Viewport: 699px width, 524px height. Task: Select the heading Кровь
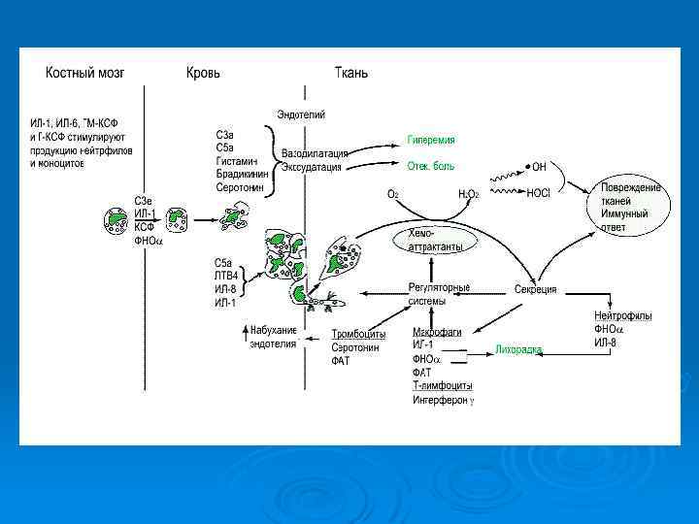coord(203,73)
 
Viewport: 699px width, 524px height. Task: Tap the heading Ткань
coord(350,73)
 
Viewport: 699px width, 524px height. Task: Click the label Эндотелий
coord(301,115)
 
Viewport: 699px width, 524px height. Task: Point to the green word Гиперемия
coord(431,140)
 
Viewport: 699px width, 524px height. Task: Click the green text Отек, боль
coord(431,166)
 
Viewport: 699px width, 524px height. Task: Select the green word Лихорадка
coord(518,347)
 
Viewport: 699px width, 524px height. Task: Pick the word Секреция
coord(535,289)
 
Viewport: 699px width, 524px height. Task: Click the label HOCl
coord(538,193)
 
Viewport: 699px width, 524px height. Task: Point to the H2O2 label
coord(470,193)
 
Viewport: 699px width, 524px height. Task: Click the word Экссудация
coord(311,167)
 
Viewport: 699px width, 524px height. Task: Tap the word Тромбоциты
coord(358,333)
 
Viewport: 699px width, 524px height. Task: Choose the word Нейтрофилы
coord(622,316)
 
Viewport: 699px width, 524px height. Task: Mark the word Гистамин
coord(235,159)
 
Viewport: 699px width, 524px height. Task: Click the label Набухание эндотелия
coord(273,337)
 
